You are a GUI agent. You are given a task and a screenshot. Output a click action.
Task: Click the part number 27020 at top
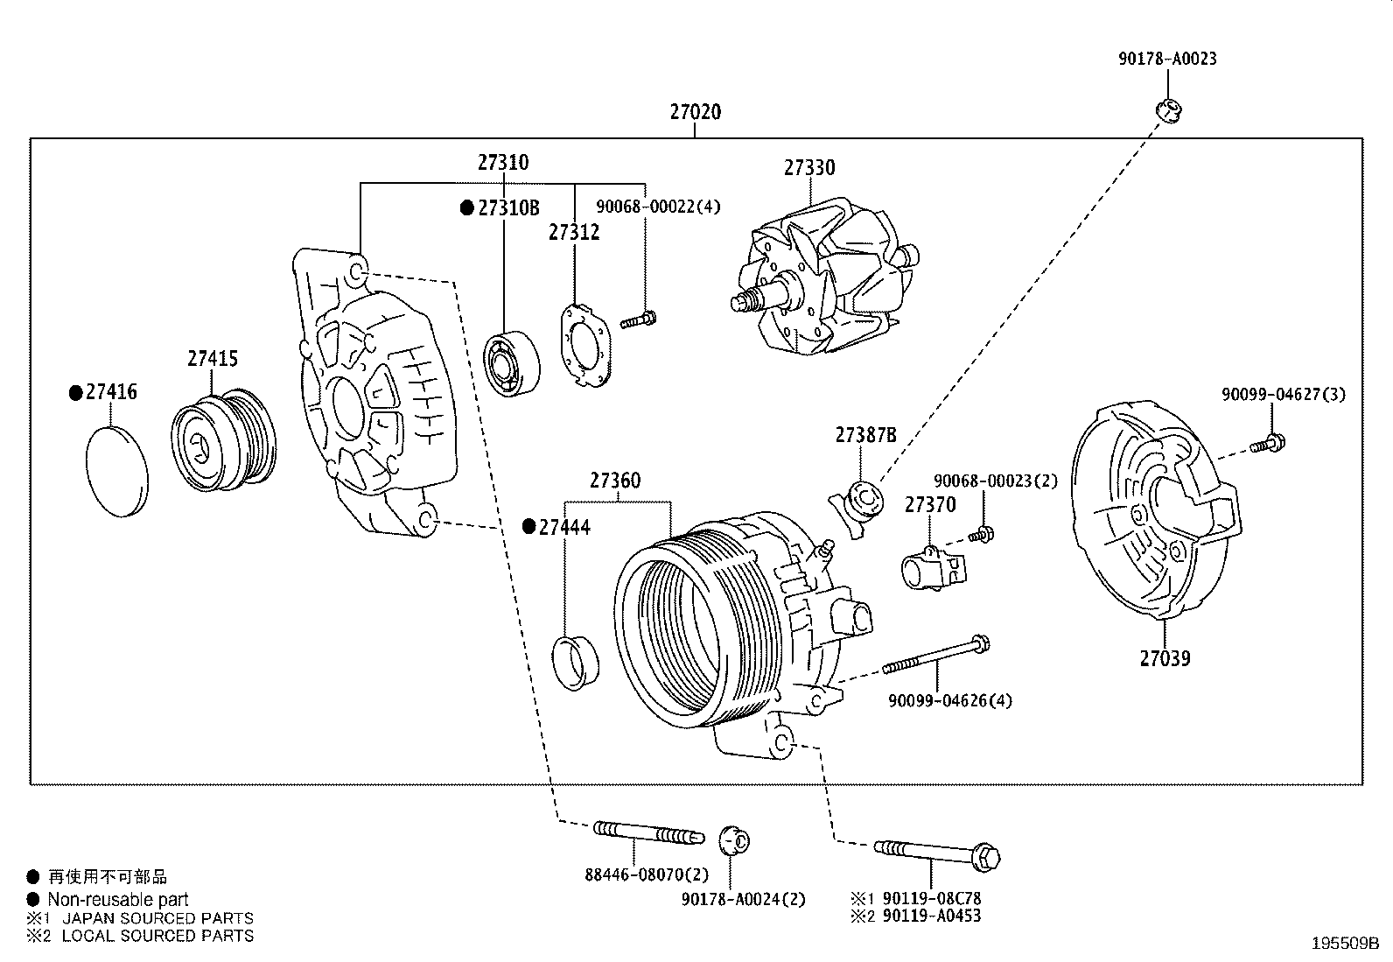tap(696, 112)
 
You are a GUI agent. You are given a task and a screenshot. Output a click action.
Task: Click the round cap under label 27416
tap(117, 471)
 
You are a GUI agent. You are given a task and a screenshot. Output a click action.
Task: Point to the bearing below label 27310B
tap(512, 362)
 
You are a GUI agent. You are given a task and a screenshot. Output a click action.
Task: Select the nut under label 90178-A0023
tap(1167, 110)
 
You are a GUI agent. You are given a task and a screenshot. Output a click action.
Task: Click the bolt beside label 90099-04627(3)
tap(1266, 444)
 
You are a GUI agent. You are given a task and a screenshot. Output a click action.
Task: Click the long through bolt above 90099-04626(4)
tap(936, 657)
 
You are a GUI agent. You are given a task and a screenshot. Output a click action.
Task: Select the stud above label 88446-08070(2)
tap(647, 833)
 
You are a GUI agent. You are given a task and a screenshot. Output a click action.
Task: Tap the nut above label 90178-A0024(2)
tap(731, 840)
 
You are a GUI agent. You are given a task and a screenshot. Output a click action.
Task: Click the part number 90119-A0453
tap(932, 916)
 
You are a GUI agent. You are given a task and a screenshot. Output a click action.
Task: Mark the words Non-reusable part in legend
tap(117, 899)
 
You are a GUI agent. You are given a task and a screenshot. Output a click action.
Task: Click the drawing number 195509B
tap(1344, 944)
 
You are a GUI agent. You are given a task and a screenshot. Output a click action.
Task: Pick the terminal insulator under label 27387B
tap(857, 504)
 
